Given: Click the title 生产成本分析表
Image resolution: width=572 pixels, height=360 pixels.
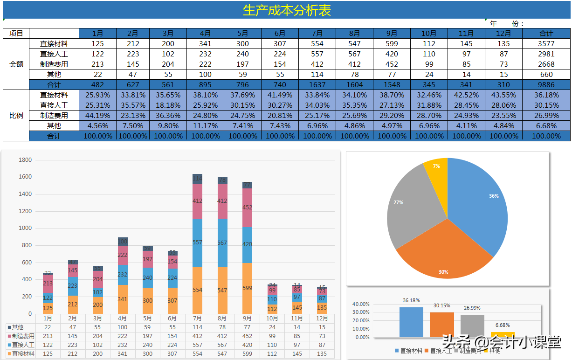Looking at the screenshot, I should (x=286, y=10).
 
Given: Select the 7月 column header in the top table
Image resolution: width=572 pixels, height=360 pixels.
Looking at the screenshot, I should (x=317, y=33).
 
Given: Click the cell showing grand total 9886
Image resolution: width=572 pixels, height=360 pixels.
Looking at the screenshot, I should (x=546, y=84).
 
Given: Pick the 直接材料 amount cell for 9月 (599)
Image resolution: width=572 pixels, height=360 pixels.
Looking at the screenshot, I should (x=392, y=43).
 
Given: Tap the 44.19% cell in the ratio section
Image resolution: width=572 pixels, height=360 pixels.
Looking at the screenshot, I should (x=97, y=115).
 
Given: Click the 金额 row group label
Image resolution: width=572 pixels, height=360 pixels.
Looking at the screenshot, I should (x=16, y=64).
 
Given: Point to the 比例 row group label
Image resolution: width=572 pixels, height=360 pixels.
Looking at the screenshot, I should (x=16, y=115).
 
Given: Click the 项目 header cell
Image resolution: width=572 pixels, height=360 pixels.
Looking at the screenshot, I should (x=16, y=33).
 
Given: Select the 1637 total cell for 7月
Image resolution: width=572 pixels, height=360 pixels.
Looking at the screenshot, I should (x=317, y=84).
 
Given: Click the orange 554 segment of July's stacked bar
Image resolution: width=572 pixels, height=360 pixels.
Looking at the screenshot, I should (x=197, y=290).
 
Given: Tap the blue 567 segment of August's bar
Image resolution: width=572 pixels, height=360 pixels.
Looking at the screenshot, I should (x=222, y=243).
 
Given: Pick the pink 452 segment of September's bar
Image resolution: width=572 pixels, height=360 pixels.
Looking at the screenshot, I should (x=247, y=208).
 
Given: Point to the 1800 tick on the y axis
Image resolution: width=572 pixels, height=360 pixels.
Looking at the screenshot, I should (x=25, y=160).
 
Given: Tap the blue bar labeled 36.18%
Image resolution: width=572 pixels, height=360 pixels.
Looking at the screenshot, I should (x=411, y=322).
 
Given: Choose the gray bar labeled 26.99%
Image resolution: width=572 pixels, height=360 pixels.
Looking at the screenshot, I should (x=472, y=325).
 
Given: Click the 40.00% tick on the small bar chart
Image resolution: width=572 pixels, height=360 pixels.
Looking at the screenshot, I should (x=361, y=305).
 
